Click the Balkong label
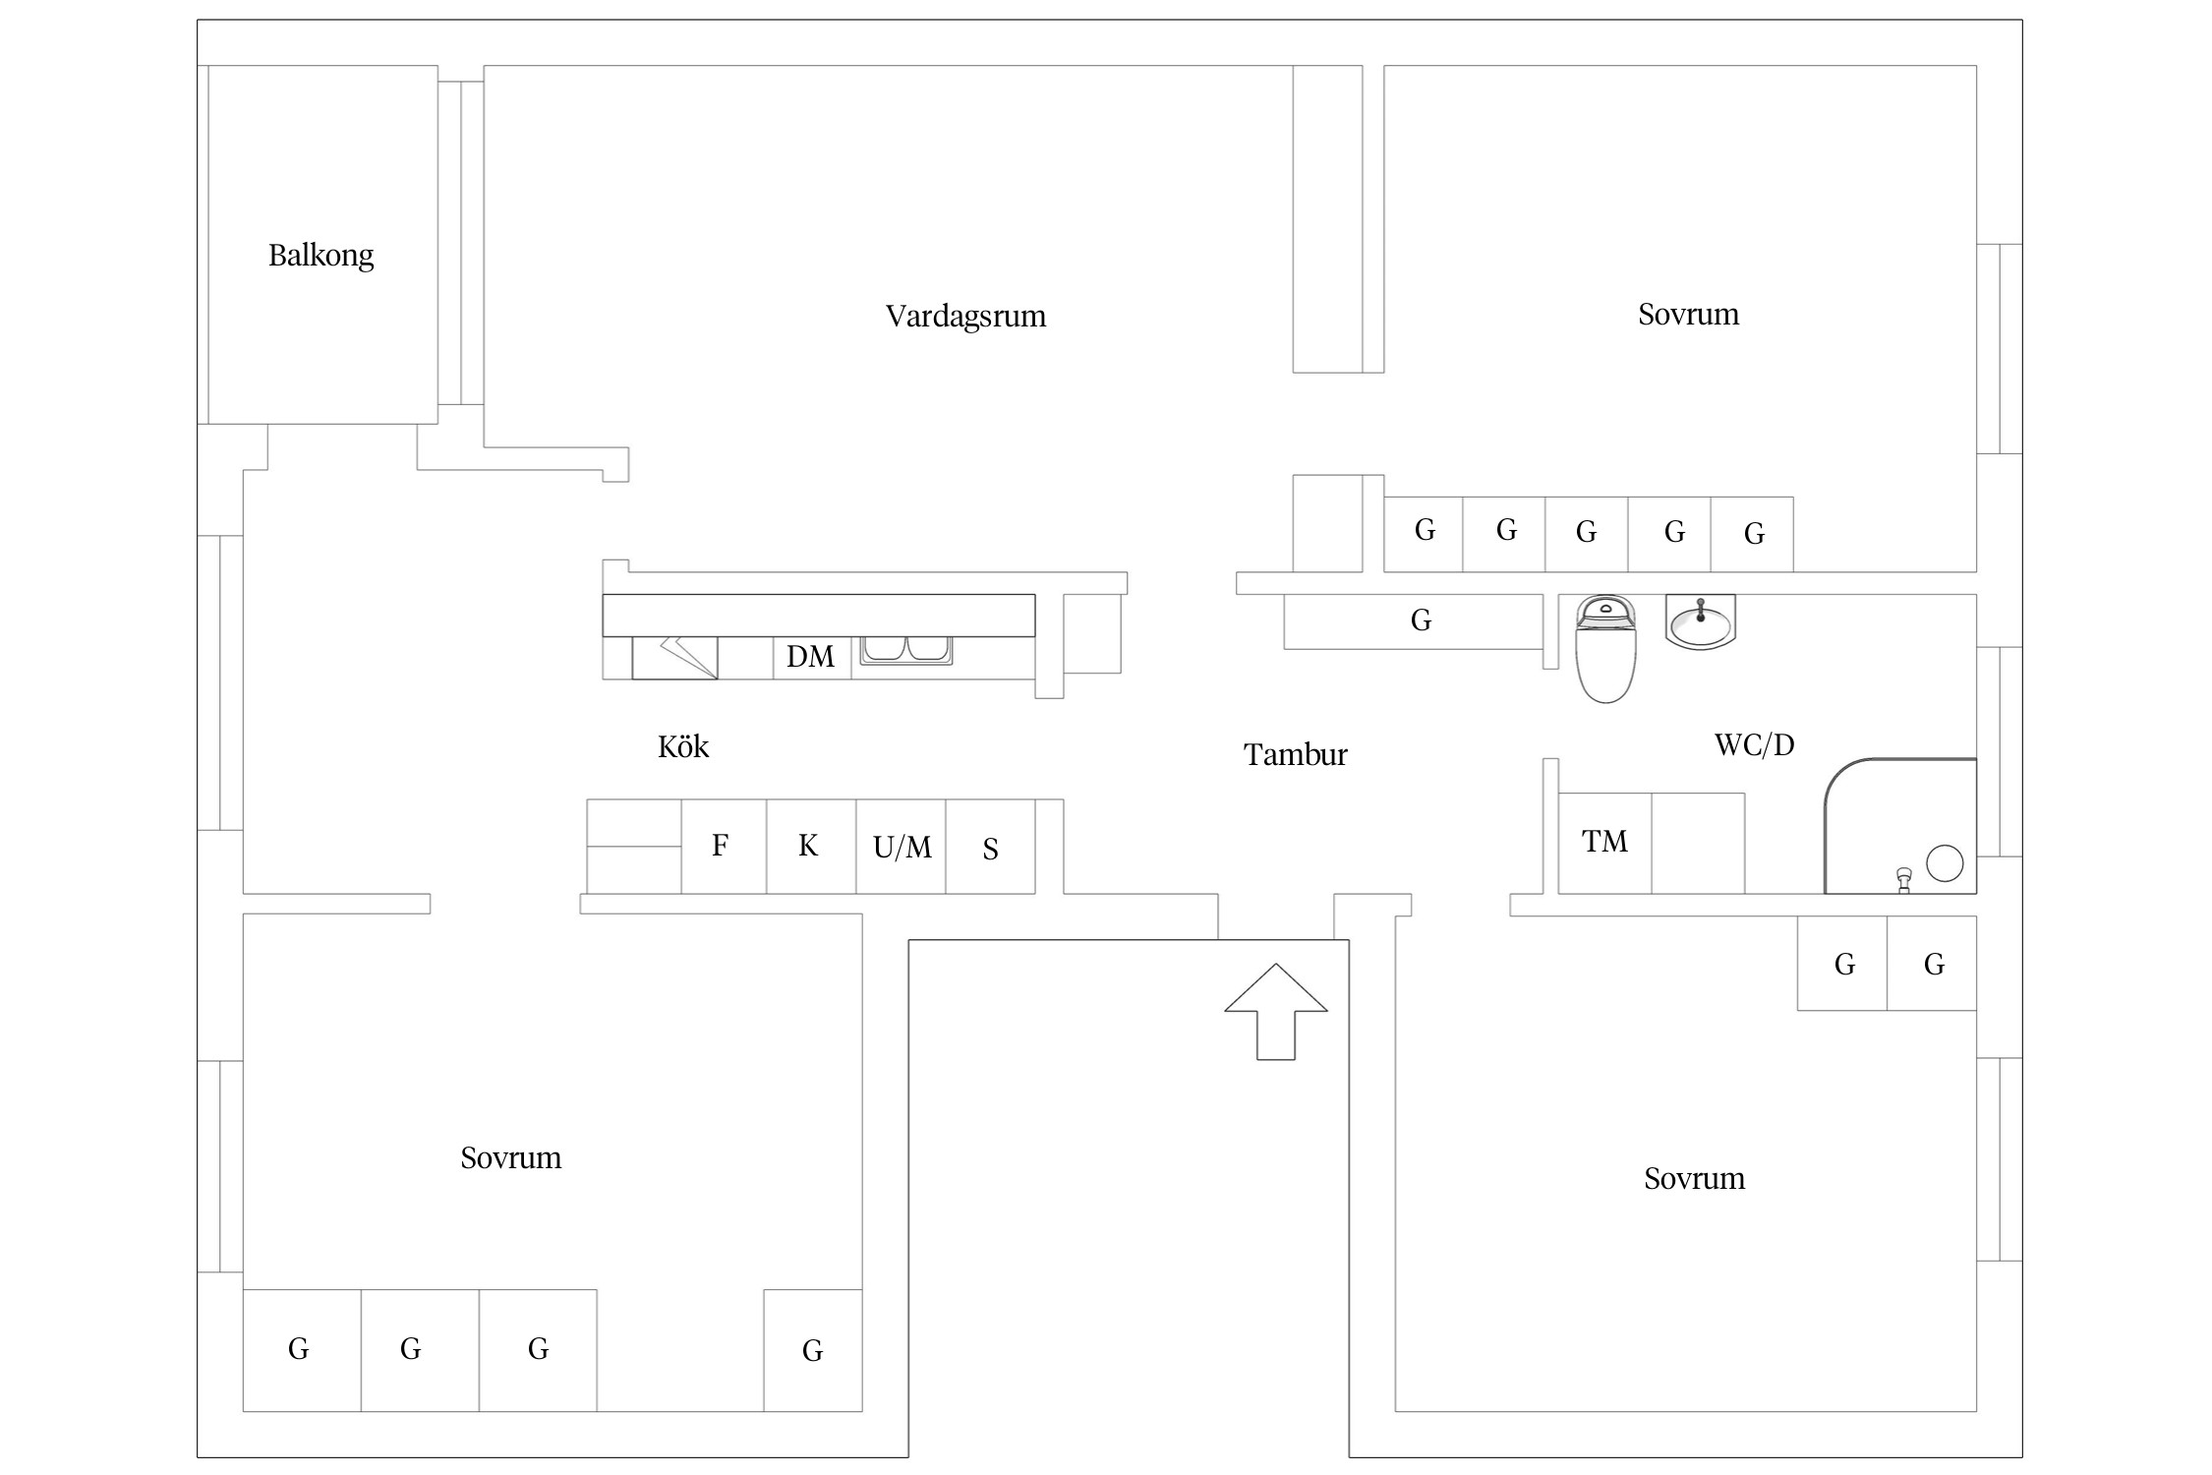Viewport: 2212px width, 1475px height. pyautogui.click(x=320, y=256)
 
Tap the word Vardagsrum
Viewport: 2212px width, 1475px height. pyautogui.click(x=965, y=317)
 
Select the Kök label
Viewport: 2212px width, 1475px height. pyautogui.click(x=683, y=747)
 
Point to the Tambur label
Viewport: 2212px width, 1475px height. pyautogui.click(x=1295, y=755)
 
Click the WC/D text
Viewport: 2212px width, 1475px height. pyautogui.click(x=1754, y=745)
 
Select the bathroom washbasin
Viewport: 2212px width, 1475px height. pyautogui.click(x=1701, y=621)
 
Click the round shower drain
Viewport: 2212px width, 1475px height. pyautogui.click(x=1945, y=863)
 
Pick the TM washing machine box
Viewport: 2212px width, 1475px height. pyautogui.click(x=1604, y=843)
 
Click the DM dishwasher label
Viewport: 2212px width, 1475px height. pyautogui.click(x=810, y=657)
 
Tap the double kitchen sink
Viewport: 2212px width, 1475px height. pyautogui.click(x=905, y=649)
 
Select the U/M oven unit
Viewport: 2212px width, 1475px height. pyautogui.click(x=901, y=847)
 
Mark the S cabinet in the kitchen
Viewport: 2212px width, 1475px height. pyautogui.click(x=990, y=848)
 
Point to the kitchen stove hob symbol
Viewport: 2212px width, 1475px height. pyautogui.click(x=674, y=657)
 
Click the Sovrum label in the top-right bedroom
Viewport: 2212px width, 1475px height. pyautogui.click(x=1688, y=315)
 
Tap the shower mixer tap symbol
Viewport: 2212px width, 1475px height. pyautogui.click(x=1904, y=879)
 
